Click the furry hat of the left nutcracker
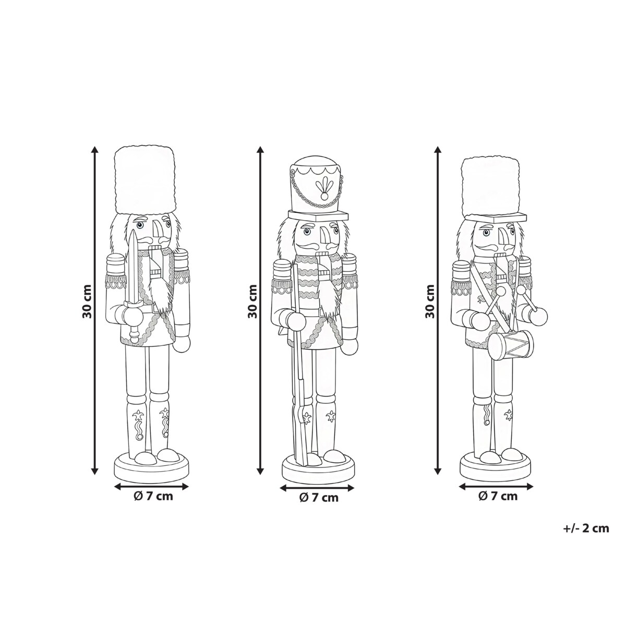(x=146, y=180)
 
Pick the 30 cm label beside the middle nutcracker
(x=252, y=302)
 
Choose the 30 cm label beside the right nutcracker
(x=429, y=302)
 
